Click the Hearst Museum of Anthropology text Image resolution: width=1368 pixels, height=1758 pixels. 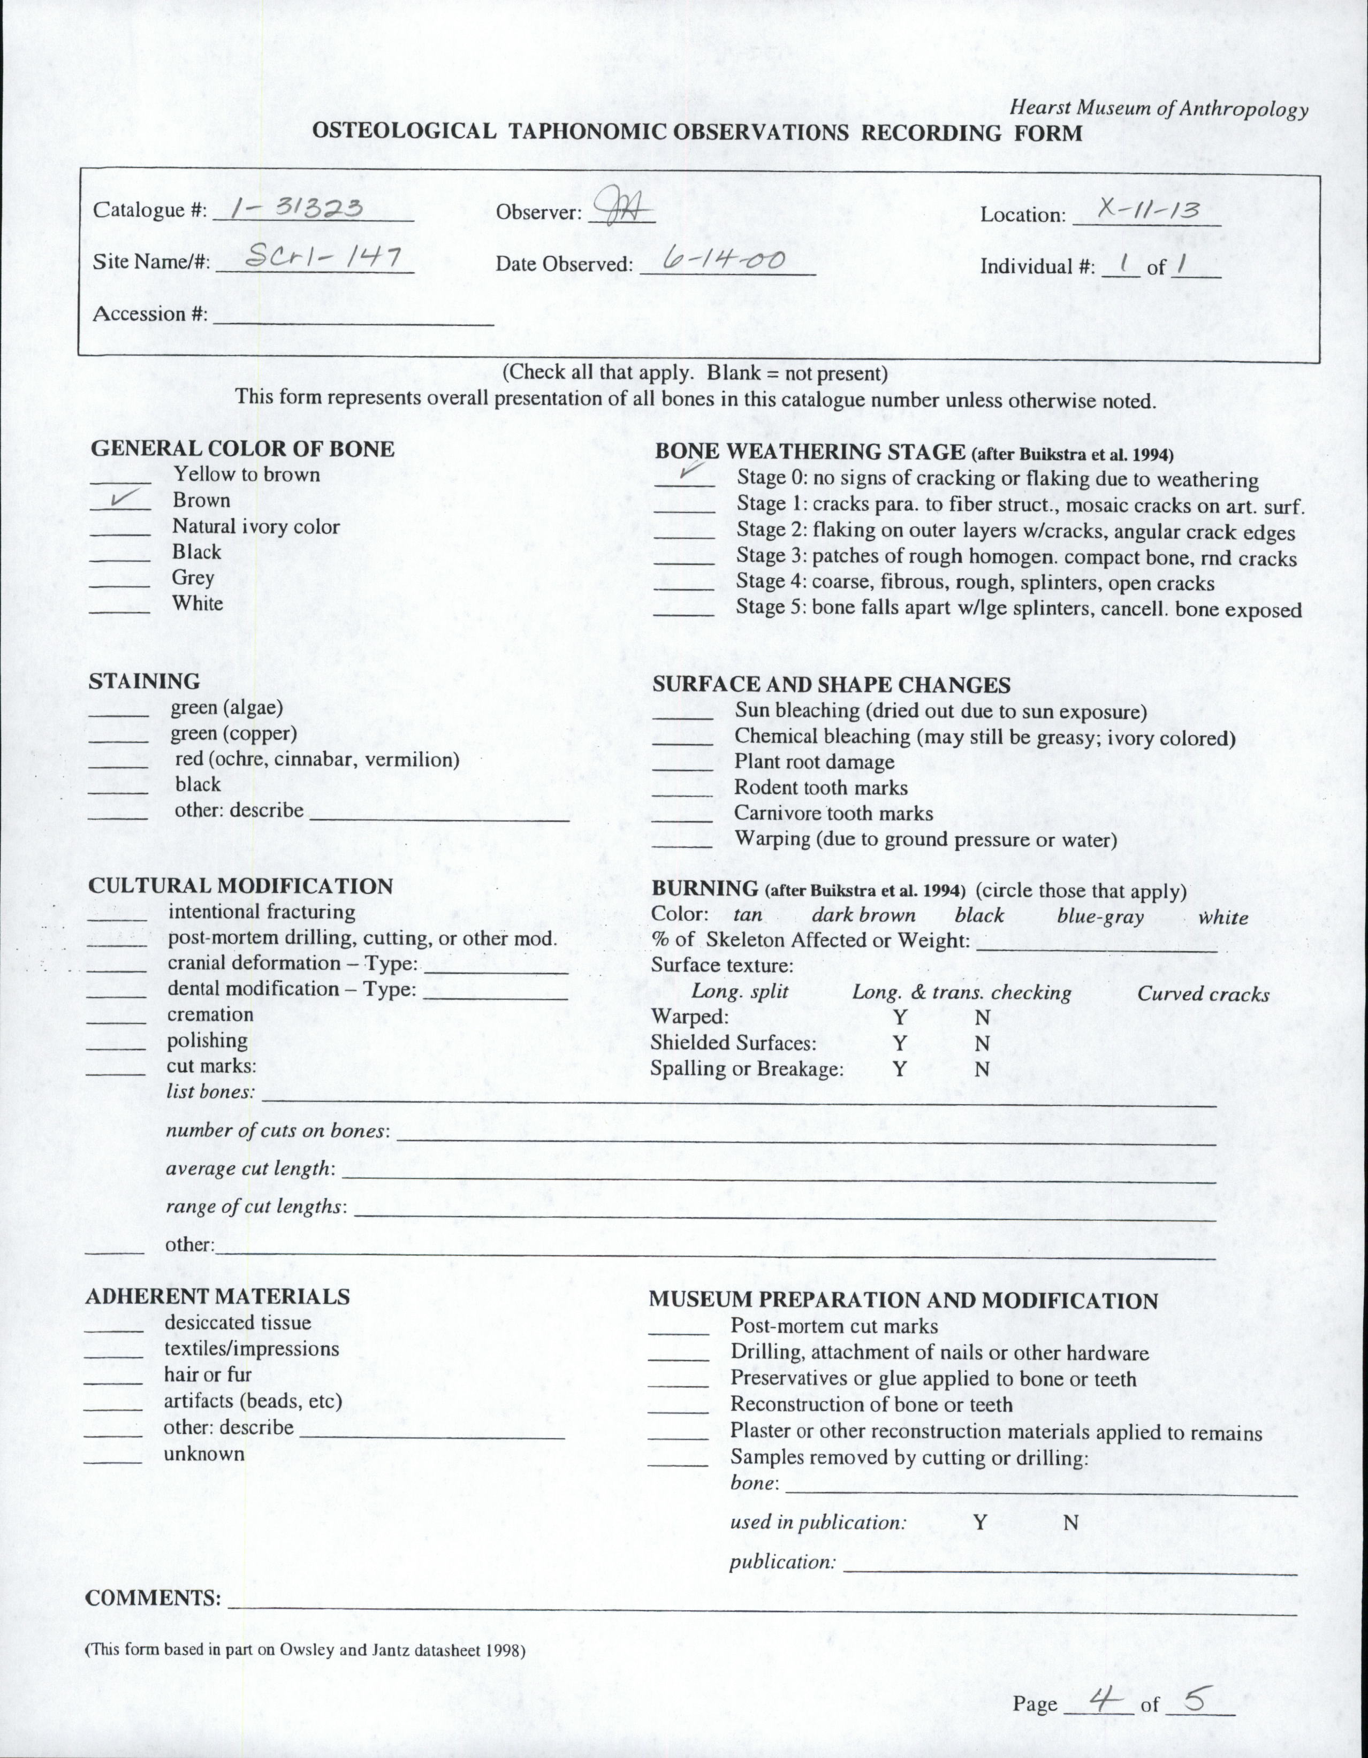tap(1159, 108)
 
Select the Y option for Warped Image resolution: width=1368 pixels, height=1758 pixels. tap(899, 1018)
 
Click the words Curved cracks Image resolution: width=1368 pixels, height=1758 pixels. tap(1203, 994)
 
